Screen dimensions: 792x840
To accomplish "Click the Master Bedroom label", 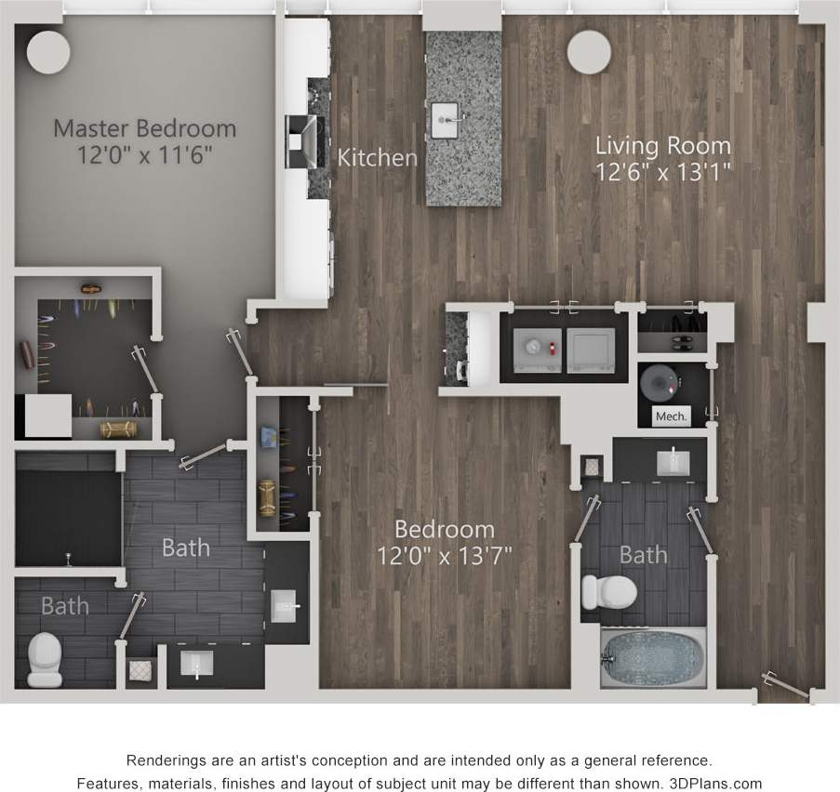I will (x=144, y=127).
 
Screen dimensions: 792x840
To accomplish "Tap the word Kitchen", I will (x=377, y=157).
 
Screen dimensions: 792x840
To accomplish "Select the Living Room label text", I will (x=662, y=145).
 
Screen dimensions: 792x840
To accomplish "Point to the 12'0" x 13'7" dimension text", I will (x=445, y=556).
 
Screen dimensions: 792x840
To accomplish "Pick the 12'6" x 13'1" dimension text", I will (x=662, y=171).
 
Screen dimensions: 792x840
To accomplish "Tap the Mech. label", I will (x=671, y=416).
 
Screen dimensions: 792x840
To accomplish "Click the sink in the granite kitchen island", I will (x=447, y=115).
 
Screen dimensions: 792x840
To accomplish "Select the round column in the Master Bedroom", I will (x=48, y=53).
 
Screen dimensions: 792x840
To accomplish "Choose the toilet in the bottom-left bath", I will (x=44, y=653).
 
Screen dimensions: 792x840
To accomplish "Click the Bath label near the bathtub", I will (x=643, y=555).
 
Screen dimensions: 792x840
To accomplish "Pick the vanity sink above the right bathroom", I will (x=672, y=461).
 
